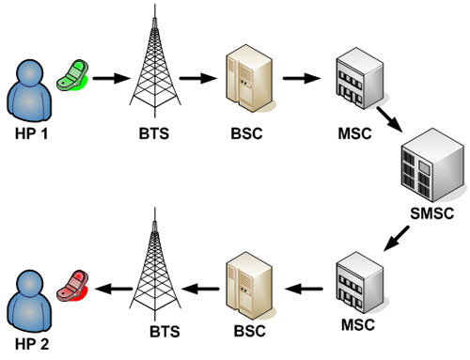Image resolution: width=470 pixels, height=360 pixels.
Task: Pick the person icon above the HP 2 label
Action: tap(28, 293)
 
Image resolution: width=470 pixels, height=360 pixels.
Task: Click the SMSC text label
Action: tap(432, 212)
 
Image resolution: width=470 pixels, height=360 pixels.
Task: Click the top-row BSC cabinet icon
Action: tap(244, 79)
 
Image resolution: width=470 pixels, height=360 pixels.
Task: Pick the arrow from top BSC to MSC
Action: tap(301, 79)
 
